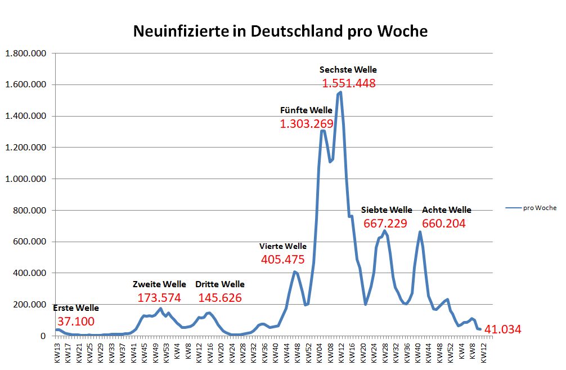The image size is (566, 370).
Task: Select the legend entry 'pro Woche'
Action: pos(539,208)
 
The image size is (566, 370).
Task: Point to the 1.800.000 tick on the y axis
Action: pos(26,54)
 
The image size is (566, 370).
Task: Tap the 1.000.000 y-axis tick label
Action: pos(26,179)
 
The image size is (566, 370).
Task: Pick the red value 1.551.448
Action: pos(348,83)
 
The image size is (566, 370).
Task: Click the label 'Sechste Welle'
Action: pos(348,70)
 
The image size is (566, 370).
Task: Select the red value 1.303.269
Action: pos(306,124)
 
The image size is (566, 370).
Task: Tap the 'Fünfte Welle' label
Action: pos(306,110)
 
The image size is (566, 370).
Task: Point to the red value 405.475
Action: pos(282,260)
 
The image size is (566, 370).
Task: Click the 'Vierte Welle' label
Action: pos(282,246)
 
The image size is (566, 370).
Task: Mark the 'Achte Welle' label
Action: pos(446,210)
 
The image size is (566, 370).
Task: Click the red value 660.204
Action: pos(443,224)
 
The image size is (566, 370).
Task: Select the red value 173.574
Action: pos(159,297)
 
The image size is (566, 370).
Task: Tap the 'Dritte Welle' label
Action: pos(219,284)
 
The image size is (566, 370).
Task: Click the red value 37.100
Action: pos(76,322)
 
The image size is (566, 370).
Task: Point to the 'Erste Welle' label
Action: pos(75,308)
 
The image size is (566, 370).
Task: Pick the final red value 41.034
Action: pos(502,329)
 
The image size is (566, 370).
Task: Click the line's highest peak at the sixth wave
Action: pos(340,92)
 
